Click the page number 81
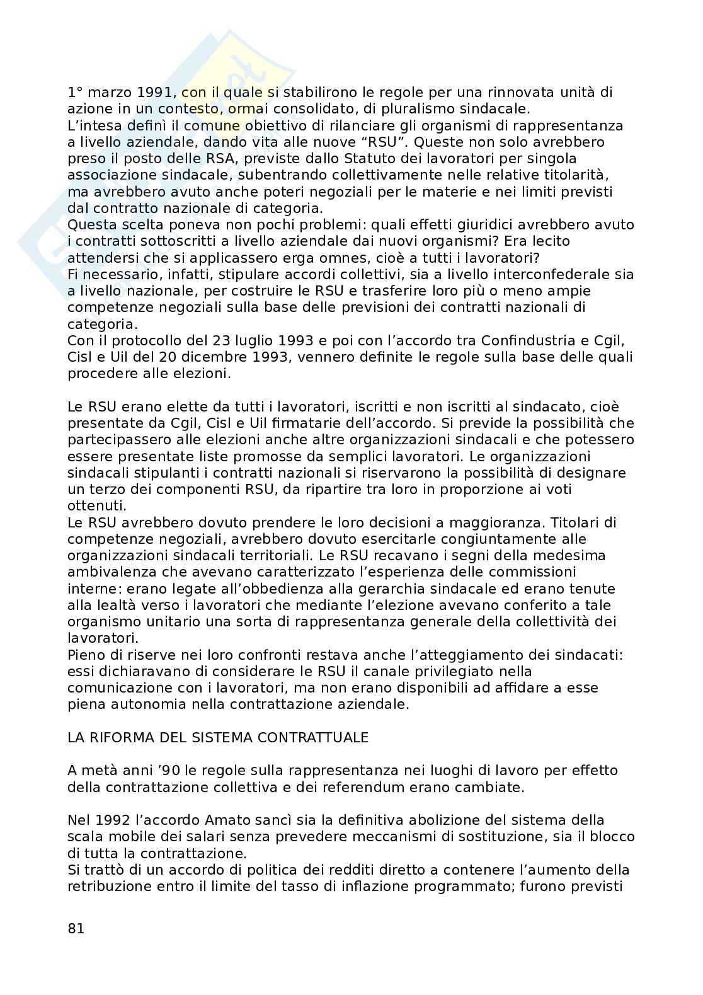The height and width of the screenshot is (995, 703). (x=76, y=928)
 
